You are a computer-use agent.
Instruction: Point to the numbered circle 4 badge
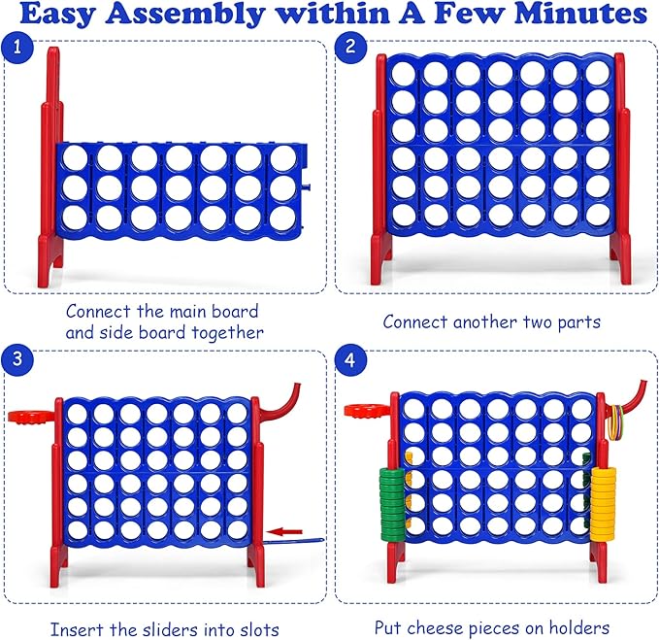349,359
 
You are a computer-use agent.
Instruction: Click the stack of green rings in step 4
391,495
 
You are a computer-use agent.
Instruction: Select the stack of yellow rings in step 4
605,495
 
